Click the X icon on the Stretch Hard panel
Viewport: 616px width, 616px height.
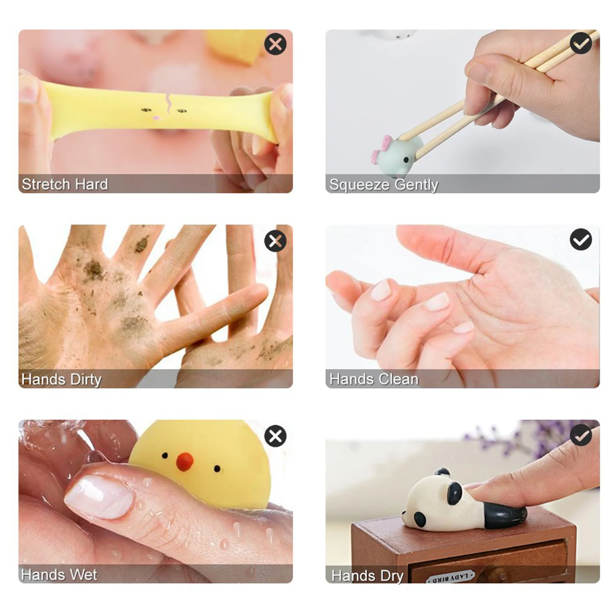[x=275, y=44]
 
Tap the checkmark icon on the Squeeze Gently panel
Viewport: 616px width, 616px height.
[x=581, y=43]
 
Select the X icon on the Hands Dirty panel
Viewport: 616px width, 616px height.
[x=275, y=241]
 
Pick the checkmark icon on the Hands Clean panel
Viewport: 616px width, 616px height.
[x=581, y=240]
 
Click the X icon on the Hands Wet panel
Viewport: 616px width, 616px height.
[x=275, y=436]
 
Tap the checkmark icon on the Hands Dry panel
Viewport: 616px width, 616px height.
[x=581, y=435]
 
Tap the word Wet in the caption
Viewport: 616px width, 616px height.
[x=84, y=575]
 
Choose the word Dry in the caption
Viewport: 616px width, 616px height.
[x=392, y=576]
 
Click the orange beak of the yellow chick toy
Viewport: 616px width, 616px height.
[x=185, y=461]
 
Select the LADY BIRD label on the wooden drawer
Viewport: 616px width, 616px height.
[x=450, y=577]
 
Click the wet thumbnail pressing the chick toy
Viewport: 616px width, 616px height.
[x=99, y=496]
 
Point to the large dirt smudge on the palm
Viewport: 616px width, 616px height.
[x=93, y=270]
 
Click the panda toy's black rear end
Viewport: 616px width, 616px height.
[x=504, y=515]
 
